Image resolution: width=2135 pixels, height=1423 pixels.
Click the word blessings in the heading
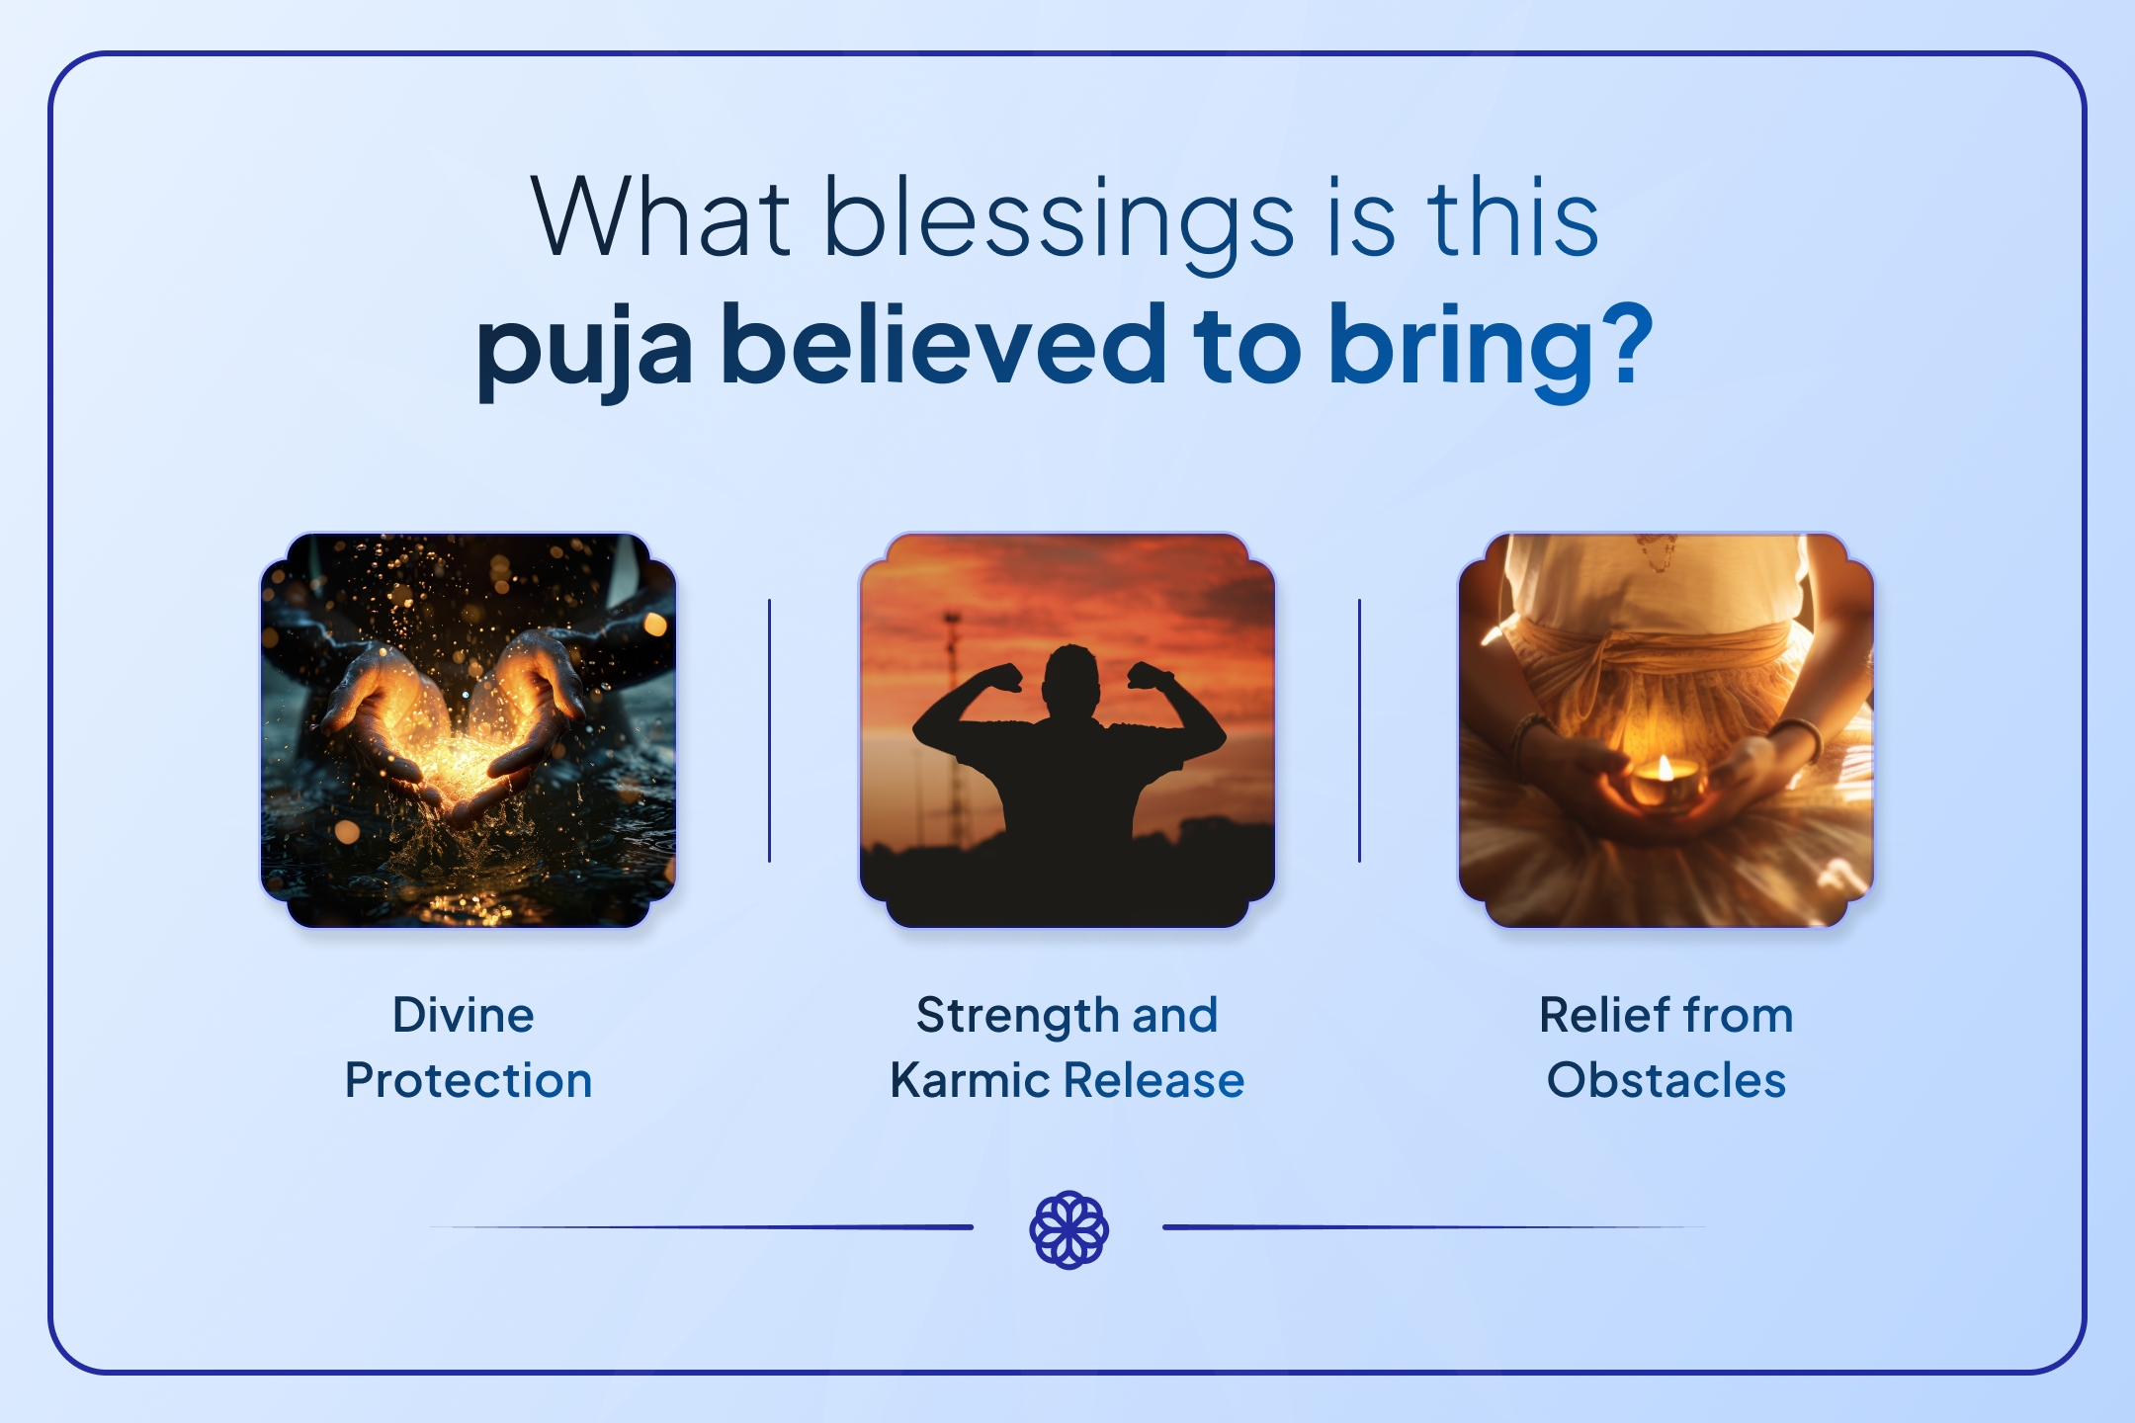(x=1058, y=219)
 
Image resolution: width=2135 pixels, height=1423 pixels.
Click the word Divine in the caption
(x=464, y=1016)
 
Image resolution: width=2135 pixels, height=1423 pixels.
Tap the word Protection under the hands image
(x=469, y=1081)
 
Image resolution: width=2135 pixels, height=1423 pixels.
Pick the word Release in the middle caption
(x=1154, y=1081)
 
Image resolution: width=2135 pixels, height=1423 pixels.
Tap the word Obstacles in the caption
(x=1666, y=1081)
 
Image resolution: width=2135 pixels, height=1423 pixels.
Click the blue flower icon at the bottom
(x=1068, y=1230)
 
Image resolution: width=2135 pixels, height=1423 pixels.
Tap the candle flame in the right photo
(x=1665, y=767)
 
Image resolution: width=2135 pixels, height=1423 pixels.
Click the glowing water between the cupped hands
(x=457, y=766)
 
